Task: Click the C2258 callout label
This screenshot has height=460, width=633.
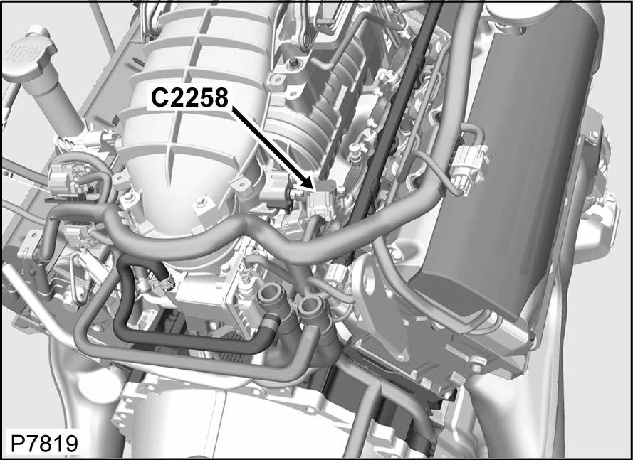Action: (x=189, y=97)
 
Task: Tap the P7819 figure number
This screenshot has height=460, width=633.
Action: (x=43, y=444)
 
